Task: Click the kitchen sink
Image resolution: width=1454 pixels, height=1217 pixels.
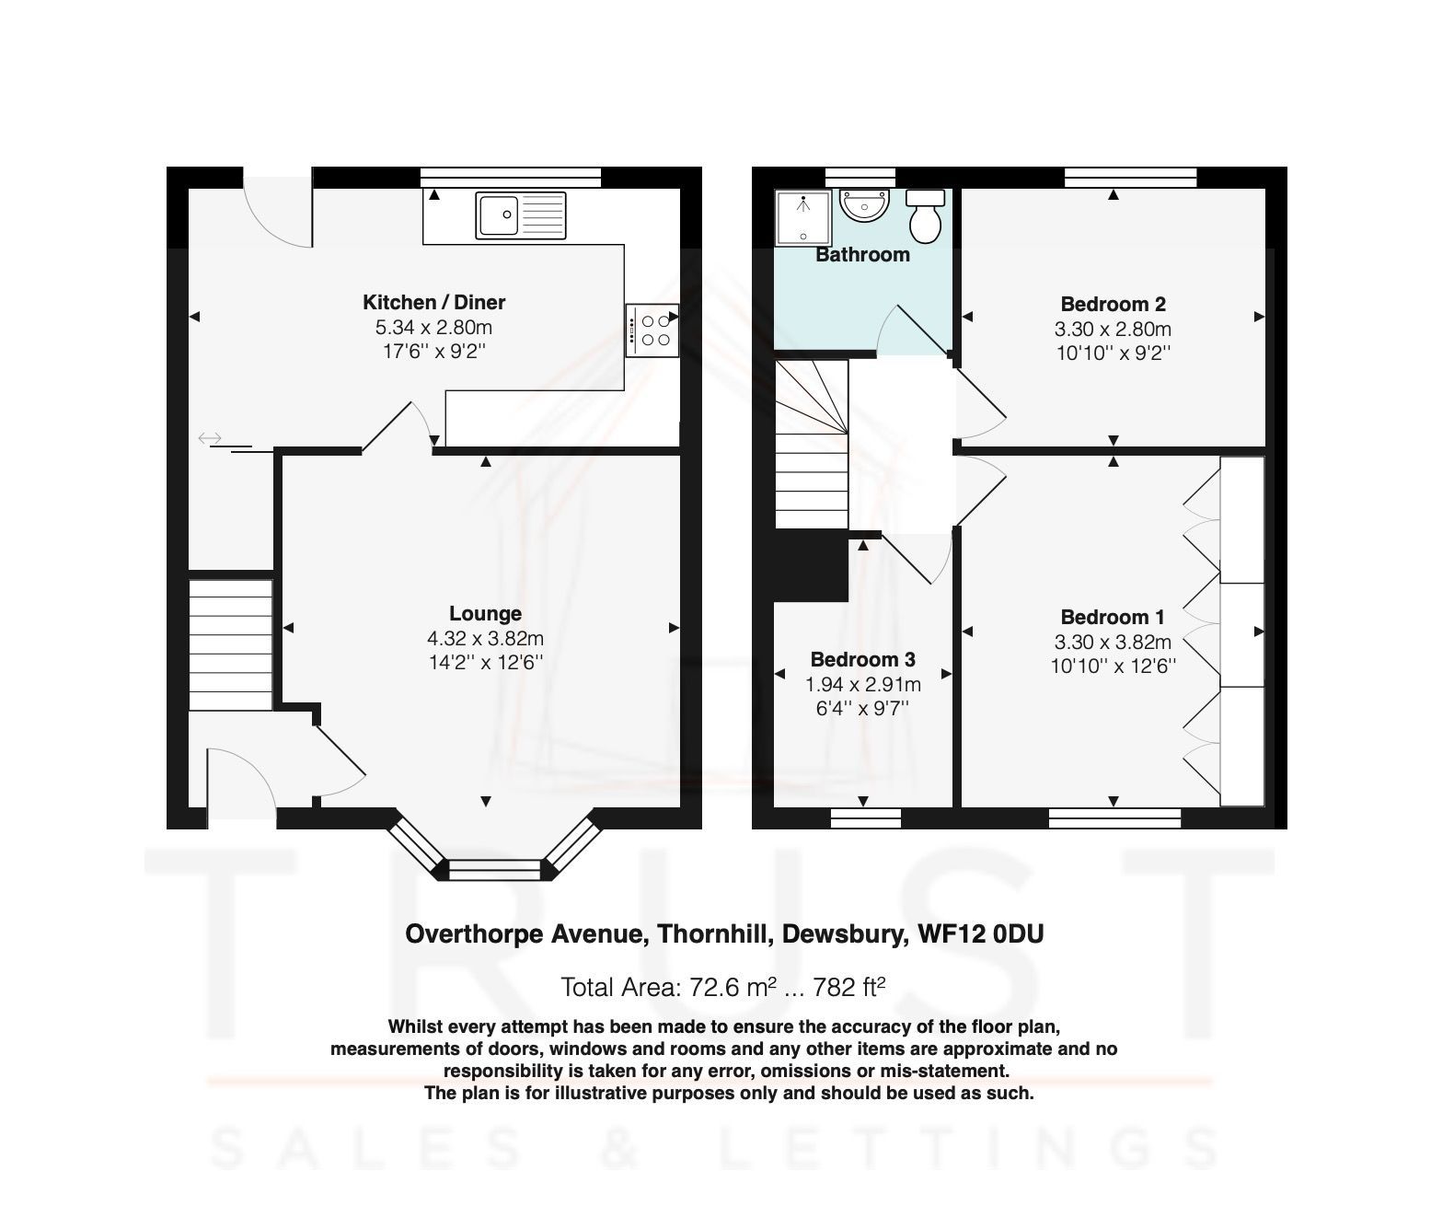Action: [521, 214]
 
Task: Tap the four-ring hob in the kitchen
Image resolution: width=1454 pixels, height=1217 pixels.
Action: [653, 330]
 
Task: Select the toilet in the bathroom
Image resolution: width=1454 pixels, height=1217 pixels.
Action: [924, 215]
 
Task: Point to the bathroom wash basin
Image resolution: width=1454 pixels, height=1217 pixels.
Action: [865, 206]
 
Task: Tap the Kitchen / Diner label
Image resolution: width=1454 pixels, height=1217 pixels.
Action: [433, 302]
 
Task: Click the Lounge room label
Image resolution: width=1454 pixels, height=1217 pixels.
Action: [485, 613]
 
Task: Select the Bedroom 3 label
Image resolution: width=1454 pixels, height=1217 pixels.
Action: [862, 659]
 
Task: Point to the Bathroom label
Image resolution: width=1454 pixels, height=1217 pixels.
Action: [862, 255]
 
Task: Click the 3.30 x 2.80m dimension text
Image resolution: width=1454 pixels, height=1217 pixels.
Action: [1113, 329]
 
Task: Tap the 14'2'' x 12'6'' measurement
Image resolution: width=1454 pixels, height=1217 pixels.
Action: [485, 662]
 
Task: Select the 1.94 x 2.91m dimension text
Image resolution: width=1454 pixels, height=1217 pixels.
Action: [862, 684]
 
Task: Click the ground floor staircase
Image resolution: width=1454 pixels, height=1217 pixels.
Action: [230, 644]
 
